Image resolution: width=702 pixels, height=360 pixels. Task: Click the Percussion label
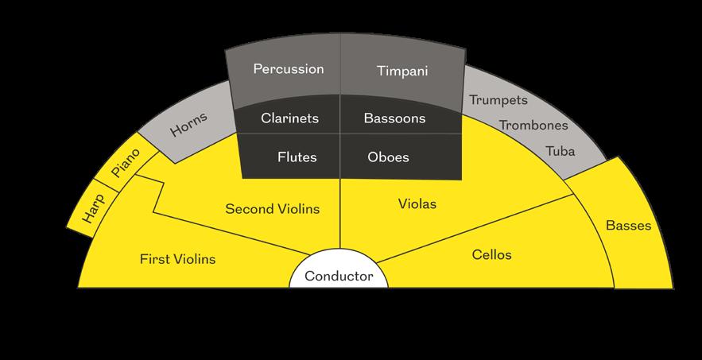tap(289, 69)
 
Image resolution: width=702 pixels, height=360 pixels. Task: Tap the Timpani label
tap(401, 71)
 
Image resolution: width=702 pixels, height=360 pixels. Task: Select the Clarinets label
tap(289, 118)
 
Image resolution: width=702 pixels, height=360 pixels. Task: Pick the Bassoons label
tap(394, 118)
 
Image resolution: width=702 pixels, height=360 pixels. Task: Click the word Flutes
tap(297, 157)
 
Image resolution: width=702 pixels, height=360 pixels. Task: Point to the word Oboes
tap(389, 157)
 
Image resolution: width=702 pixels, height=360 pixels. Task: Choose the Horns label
tap(188, 126)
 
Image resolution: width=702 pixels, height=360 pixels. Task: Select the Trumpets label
tap(498, 100)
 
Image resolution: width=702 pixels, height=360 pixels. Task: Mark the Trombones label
tap(533, 125)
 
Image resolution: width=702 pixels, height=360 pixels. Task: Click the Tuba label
tap(560, 151)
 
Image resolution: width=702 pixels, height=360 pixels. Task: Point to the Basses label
tap(628, 226)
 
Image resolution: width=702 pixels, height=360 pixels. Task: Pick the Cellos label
tap(491, 254)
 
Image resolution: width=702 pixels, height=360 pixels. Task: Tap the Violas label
tap(417, 204)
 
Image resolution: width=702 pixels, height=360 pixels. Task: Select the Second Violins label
tap(273, 209)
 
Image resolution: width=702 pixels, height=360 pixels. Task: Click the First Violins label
tap(177, 258)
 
